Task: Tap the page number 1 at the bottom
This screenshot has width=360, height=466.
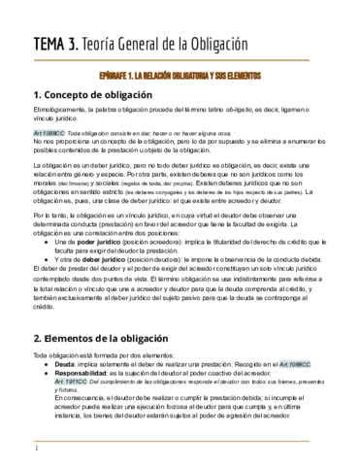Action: click(36, 449)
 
